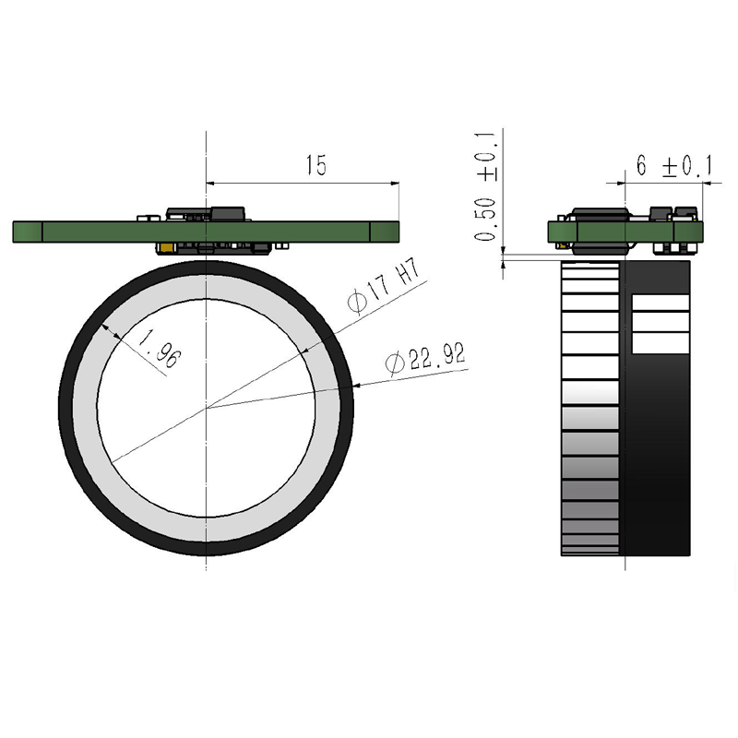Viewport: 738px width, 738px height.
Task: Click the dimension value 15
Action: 315,166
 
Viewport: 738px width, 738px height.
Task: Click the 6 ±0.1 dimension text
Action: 674,166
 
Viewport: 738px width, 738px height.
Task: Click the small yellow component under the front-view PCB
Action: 164,247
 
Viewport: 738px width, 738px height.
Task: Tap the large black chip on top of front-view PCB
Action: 229,214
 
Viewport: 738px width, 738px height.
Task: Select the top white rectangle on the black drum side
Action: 660,303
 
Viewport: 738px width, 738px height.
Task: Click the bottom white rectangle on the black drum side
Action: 660,343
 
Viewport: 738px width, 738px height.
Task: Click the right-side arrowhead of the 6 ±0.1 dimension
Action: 696,182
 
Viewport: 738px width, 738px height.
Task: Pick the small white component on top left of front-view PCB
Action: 146,218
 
